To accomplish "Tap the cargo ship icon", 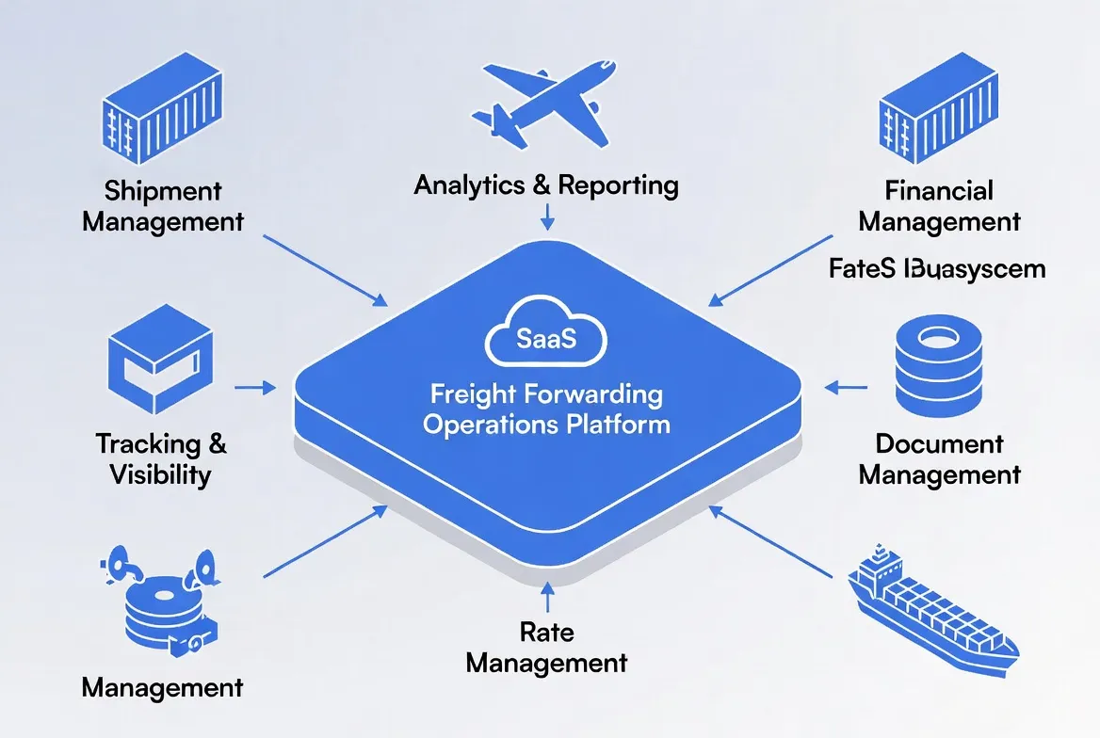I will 930,608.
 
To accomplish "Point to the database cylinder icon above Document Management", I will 939,368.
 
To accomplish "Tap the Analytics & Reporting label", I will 546,184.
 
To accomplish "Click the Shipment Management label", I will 163,206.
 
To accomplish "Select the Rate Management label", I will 546,647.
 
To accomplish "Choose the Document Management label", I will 939,458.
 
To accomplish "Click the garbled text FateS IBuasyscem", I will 937,269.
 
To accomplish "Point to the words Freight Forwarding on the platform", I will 546,393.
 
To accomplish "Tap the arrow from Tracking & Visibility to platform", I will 254,386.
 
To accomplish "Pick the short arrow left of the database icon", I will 845,386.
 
